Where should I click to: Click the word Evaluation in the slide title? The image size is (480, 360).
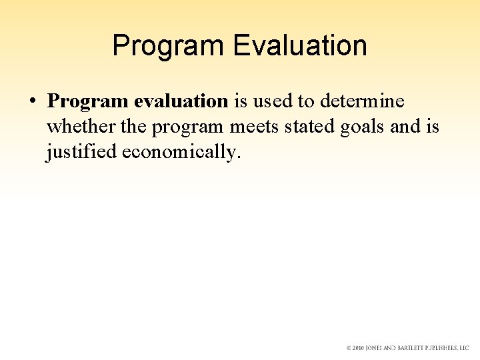(x=300, y=46)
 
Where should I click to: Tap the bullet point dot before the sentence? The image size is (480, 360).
(x=31, y=102)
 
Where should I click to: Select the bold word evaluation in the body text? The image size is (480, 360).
(x=181, y=101)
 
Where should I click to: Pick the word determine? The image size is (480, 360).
(x=362, y=101)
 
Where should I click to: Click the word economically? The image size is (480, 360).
(x=179, y=152)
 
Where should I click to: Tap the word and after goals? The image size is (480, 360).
(x=405, y=127)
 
